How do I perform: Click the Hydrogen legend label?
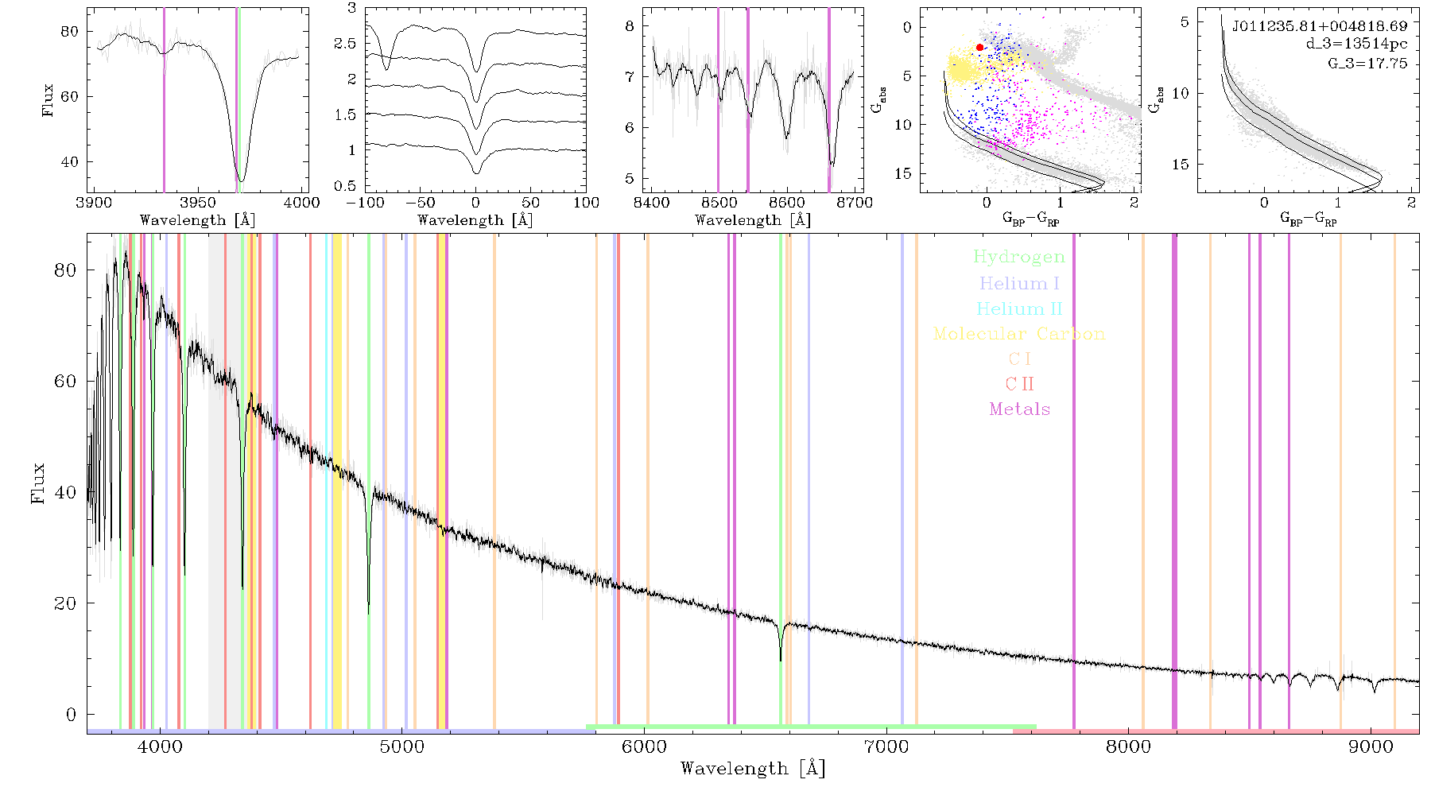[1019, 257]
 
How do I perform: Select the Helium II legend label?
[1019, 308]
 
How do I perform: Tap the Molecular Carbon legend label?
[1019, 334]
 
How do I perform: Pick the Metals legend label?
[1020, 409]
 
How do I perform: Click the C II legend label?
[1020, 384]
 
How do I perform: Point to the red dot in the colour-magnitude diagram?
[979, 48]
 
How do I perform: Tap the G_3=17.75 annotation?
[1367, 64]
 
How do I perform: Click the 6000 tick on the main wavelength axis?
[644, 747]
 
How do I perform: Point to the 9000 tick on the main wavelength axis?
[1371, 747]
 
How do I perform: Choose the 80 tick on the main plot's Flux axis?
[65, 270]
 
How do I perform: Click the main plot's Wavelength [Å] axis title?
[753, 769]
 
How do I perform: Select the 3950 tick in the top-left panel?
[198, 203]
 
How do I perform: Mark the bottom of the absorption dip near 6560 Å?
[781, 660]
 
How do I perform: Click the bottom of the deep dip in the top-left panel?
[241, 180]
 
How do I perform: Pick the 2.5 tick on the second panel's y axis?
[345, 44]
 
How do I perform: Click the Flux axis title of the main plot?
[37, 483]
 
